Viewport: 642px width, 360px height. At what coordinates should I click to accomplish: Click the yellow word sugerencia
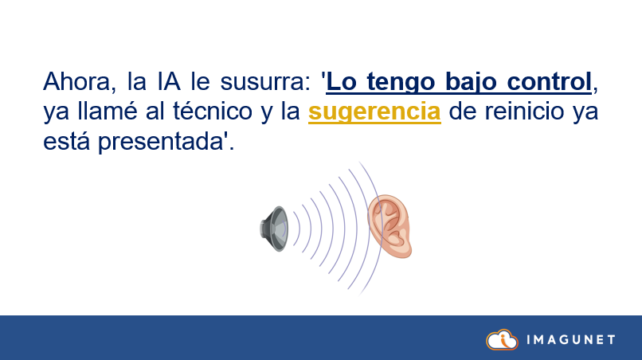(x=374, y=112)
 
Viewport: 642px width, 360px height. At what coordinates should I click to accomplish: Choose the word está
(x=67, y=143)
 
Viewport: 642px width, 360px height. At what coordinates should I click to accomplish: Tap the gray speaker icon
(x=274, y=229)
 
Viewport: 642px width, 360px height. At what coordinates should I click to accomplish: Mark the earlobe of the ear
(x=397, y=249)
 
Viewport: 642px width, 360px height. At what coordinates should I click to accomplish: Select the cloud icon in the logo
(x=502, y=339)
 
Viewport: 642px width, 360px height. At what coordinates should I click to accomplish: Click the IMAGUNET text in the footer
(x=570, y=340)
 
